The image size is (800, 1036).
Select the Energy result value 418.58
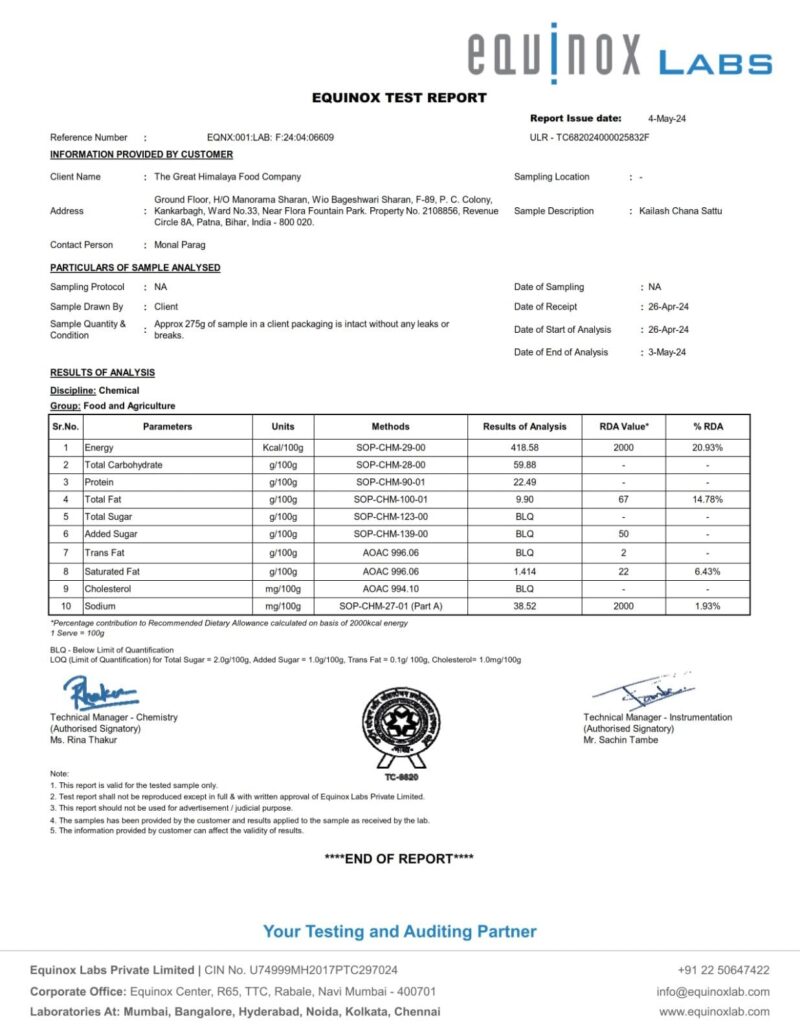tap(524, 448)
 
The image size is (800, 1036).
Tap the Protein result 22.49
tap(524, 482)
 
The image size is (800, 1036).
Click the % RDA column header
tap(707, 426)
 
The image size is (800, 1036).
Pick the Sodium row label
tap(101, 605)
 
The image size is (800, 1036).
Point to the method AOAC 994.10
tap(390, 588)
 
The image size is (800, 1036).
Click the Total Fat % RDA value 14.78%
tap(707, 499)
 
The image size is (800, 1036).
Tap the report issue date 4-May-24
tap(666, 118)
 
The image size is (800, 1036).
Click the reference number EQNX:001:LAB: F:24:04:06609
tap(270, 137)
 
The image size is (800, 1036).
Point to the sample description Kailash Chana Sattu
tap(680, 211)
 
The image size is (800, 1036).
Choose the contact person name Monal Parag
tap(180, 245)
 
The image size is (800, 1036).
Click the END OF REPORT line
tap(399, 858)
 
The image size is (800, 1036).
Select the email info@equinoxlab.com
tap(713, 992)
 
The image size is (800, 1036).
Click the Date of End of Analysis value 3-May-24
tap(667, 352)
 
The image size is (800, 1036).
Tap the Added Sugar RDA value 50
tap(623, 535)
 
